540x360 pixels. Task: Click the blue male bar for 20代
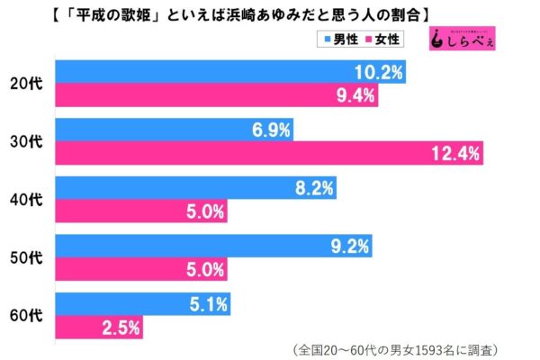click(229, 71)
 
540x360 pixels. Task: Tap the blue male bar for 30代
click(175, 131)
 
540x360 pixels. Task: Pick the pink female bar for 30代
click(270, 153)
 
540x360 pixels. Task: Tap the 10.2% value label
click(378, 71)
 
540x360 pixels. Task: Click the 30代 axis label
click(30, 142)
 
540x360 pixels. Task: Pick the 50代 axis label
click(30, 257)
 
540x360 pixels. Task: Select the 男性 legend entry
click(335, 39)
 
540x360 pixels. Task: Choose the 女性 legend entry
click(385, 39)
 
